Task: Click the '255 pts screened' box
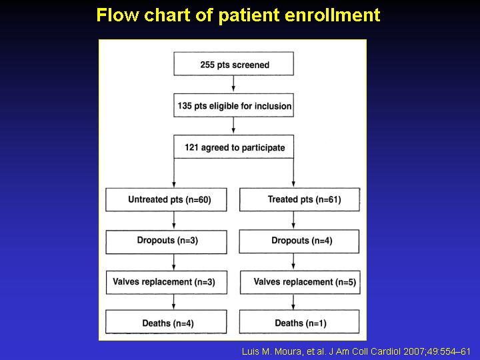pos(233,64)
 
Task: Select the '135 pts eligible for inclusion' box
pos(233,105)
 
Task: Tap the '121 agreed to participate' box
pos(233,147)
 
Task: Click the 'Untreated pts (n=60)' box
pos(166,199)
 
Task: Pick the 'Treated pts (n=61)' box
pos(300,199)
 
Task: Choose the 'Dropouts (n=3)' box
pos(166,242)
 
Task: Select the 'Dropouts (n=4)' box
pos(299,241)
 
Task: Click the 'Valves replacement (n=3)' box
pos(167,283)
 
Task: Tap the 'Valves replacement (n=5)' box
pos(300,282)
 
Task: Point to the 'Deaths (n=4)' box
pos(166,322)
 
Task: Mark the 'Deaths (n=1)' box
pos(299,321)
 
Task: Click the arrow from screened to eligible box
pos(233,83)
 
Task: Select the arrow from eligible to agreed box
pos(233,125)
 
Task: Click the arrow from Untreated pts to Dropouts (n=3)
pos(174,220)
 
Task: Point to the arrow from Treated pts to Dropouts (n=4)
pos(293,220)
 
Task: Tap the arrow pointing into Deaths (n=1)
pos(293,302)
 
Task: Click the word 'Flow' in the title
pos(117,15)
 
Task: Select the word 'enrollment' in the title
pos(333,15)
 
